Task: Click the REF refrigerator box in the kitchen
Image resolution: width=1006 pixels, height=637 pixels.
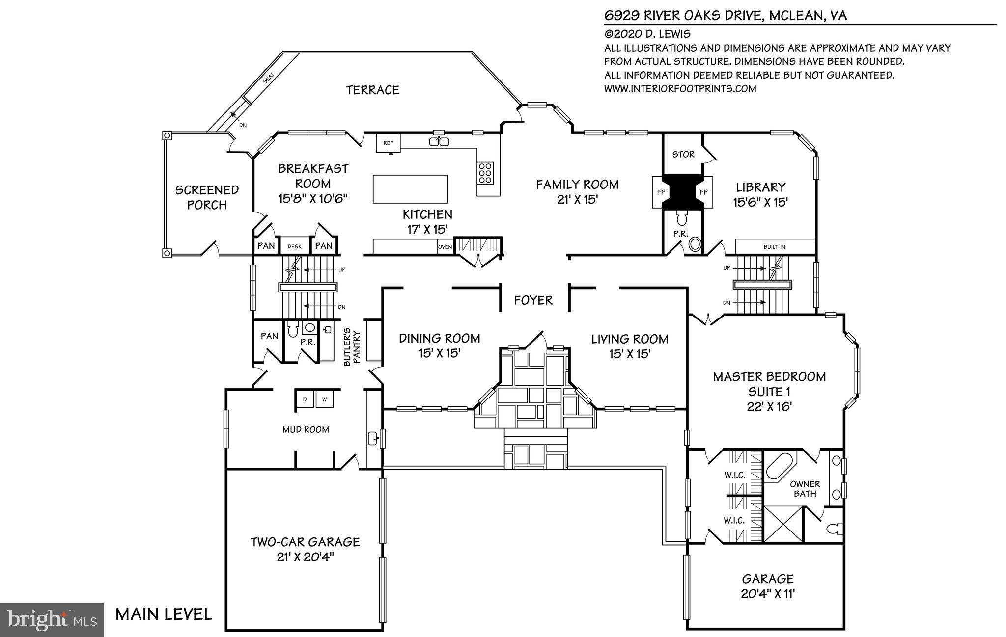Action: pyautogui.click(x=388, y=143)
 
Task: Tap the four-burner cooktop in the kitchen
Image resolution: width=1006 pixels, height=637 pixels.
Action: pyautogui.click(x=485, y=173)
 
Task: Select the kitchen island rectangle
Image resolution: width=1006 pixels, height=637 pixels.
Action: pyautogui.click(x=410, y=189)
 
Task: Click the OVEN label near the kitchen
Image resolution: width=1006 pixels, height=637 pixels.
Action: pyautogui.click(x=445, y=247)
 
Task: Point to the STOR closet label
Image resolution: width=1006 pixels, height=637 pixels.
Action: pyautogui.click(x=683, y=154)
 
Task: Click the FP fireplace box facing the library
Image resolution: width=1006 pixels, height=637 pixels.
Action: pyautogui.click(x=703, y=192)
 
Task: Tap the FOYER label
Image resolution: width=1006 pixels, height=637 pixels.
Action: pyautogui.click(x=533, y=300)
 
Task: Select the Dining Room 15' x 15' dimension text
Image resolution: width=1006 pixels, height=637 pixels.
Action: pyautogui.click(x=439, y=353)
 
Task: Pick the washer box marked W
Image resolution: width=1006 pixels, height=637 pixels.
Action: pyautogui.click(x=324, y=399)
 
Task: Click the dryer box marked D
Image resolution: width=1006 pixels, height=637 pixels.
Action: pyautogui.click(x=305, y=399)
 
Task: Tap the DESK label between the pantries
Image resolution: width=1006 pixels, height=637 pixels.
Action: pyautogui.click(x=294, y=246)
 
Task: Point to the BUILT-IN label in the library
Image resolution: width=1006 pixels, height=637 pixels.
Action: pyautogui.click(x=774, y=247)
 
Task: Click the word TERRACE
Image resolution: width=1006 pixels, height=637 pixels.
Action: pyautogui.click(x=372, y=90)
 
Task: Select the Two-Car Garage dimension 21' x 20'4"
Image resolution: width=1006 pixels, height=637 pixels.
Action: pyautogui.click(x=305, y=557)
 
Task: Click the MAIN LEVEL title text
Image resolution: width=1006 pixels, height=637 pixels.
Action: pyautogui.click(x=164, y=614)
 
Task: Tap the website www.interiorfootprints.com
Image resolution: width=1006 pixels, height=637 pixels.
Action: pyautogui.click(x=680, y=89)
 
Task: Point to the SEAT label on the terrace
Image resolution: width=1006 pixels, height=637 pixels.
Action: pyautogui.click(x=268, y=78)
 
